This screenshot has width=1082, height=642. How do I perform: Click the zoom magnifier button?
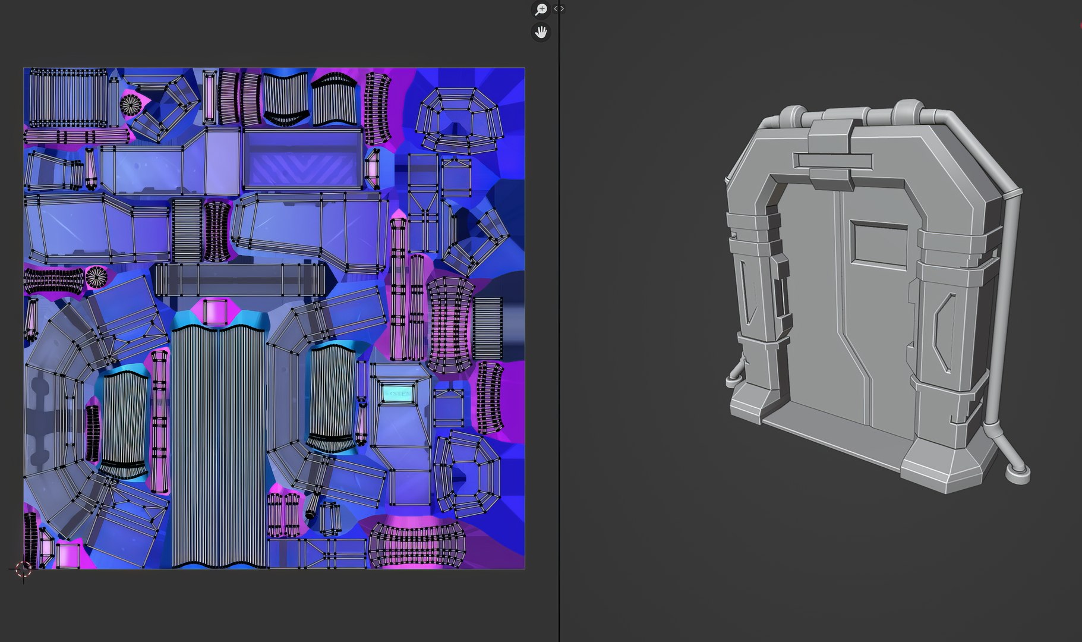(541, 10)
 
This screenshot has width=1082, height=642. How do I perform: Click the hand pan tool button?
(541, 32)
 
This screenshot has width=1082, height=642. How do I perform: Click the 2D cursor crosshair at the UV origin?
(23, 569)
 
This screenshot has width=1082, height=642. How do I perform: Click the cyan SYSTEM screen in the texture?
(397, 394)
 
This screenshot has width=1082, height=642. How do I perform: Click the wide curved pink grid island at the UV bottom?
(416, 545)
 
